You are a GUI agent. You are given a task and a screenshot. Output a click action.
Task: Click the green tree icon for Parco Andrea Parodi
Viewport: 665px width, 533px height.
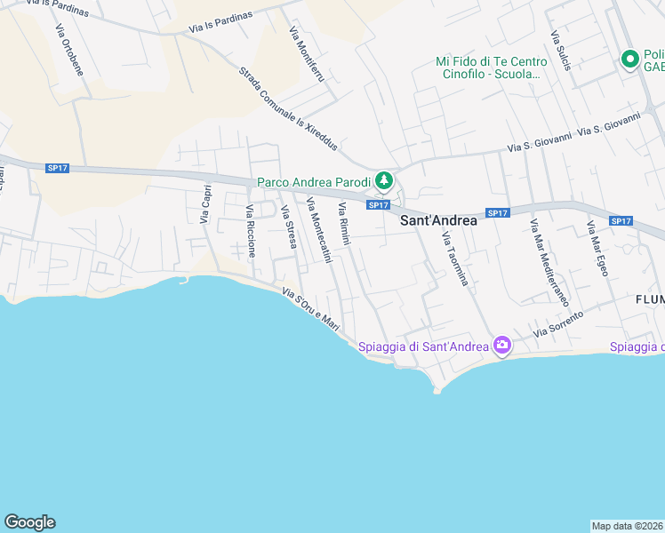384,181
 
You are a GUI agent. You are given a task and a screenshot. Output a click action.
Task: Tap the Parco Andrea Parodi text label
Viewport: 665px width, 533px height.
314,182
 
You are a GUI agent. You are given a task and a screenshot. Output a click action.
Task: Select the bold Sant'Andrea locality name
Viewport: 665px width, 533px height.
438,221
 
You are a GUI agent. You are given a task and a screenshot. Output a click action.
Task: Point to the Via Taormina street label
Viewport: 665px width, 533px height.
454,258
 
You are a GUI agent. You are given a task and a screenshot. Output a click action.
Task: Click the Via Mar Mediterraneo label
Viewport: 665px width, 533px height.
549,262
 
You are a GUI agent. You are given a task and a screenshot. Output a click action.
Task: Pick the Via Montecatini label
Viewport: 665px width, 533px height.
318,230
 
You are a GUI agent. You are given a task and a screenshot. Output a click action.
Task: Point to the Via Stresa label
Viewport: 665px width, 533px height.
288,226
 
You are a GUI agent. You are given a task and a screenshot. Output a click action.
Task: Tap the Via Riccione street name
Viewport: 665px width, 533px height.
251,230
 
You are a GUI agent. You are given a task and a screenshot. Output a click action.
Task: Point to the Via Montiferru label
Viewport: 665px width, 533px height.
307,55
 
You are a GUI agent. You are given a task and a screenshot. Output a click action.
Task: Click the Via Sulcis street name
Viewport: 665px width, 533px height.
559,51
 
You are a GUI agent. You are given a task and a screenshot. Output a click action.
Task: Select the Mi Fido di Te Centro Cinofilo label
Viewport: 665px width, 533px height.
491,68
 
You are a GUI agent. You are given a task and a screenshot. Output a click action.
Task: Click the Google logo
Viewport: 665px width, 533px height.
29,522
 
